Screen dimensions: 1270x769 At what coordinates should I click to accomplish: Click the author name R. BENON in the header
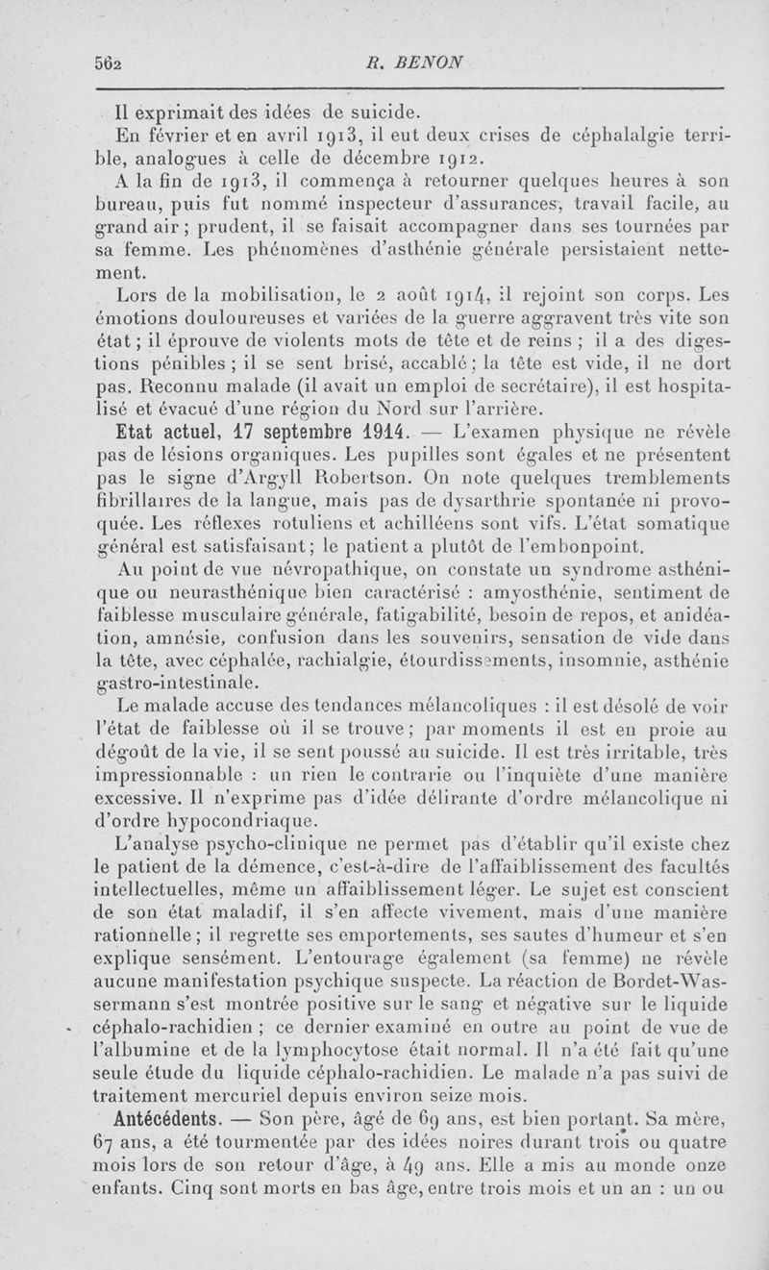coord(423,60)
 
